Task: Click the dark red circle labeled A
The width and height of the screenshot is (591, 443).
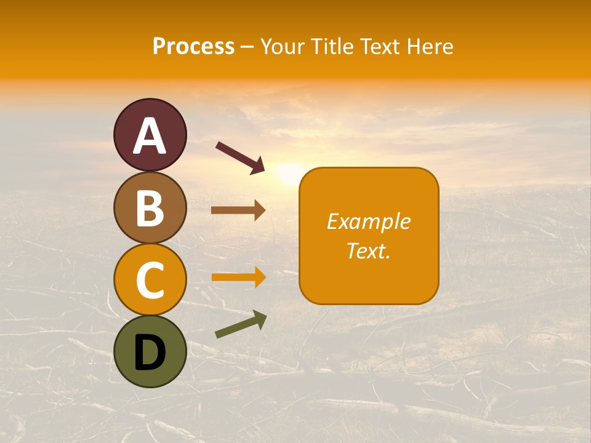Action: click(x=150, y=135)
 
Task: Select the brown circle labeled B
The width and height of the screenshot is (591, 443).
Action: click(x=150, y=207)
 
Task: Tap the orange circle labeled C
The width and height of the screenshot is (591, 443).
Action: click(x=150, y=279)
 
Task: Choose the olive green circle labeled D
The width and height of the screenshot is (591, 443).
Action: click(x=150, y=351)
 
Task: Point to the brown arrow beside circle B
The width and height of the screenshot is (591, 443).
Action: click(x=238, y=210)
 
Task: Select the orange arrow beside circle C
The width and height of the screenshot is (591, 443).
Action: click(x=238, y=277)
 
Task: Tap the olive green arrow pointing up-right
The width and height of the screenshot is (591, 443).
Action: click(x=241, y=325)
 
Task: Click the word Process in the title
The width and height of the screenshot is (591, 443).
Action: click(x=193, y=47)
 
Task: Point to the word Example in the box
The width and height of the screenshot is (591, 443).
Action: click(x=369, y=221)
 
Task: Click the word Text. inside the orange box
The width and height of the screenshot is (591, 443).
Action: click(x=369, y=250)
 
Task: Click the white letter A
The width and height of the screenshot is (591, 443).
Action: click(x=150, y=136)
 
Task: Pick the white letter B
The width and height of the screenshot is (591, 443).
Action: click(x=150, y=208)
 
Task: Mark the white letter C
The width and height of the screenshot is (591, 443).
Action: click(x=150, y=280)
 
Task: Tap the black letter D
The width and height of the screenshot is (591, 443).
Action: click(x=150, y=353)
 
